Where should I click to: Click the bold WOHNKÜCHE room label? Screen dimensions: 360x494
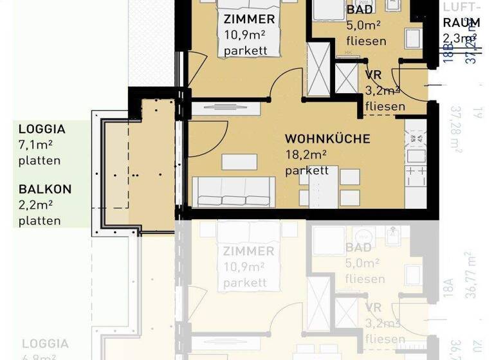coord(327,139)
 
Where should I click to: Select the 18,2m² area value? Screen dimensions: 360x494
coord(306,155)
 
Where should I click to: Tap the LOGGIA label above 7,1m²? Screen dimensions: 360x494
coord(42,129)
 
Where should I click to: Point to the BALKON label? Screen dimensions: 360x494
coord(45,190)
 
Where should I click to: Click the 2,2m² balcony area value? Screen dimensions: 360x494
coord(35,205)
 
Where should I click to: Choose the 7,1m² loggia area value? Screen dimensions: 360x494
coord(35,145)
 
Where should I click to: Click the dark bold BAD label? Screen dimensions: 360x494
coord(359,10)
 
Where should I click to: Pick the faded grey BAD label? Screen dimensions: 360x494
coord(358,248)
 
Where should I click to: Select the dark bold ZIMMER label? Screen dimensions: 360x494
coord(249,19)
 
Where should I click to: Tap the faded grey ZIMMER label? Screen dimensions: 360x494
coord(248,251)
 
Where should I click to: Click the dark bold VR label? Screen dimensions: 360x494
coord(373,75)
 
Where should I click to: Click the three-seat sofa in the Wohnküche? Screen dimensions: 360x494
coord(233,192)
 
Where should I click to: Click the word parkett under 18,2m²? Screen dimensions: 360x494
coord(307,170)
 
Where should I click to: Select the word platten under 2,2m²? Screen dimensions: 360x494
coord(40,221)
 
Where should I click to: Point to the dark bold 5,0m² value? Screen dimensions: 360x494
coord(363,26)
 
